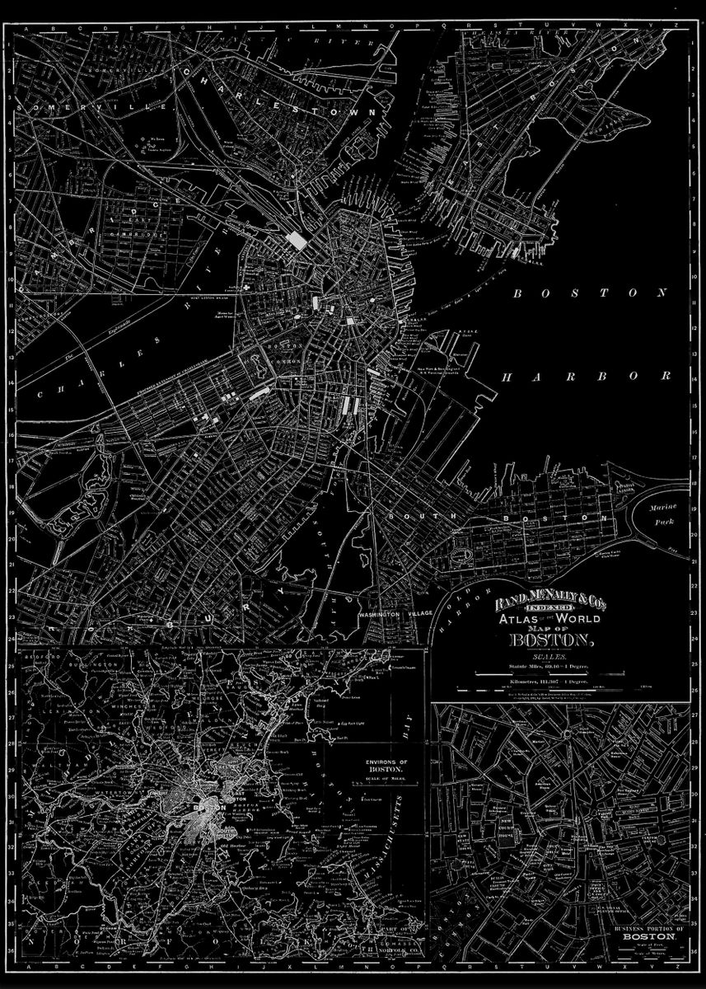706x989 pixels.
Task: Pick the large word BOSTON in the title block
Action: point(551,641)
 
